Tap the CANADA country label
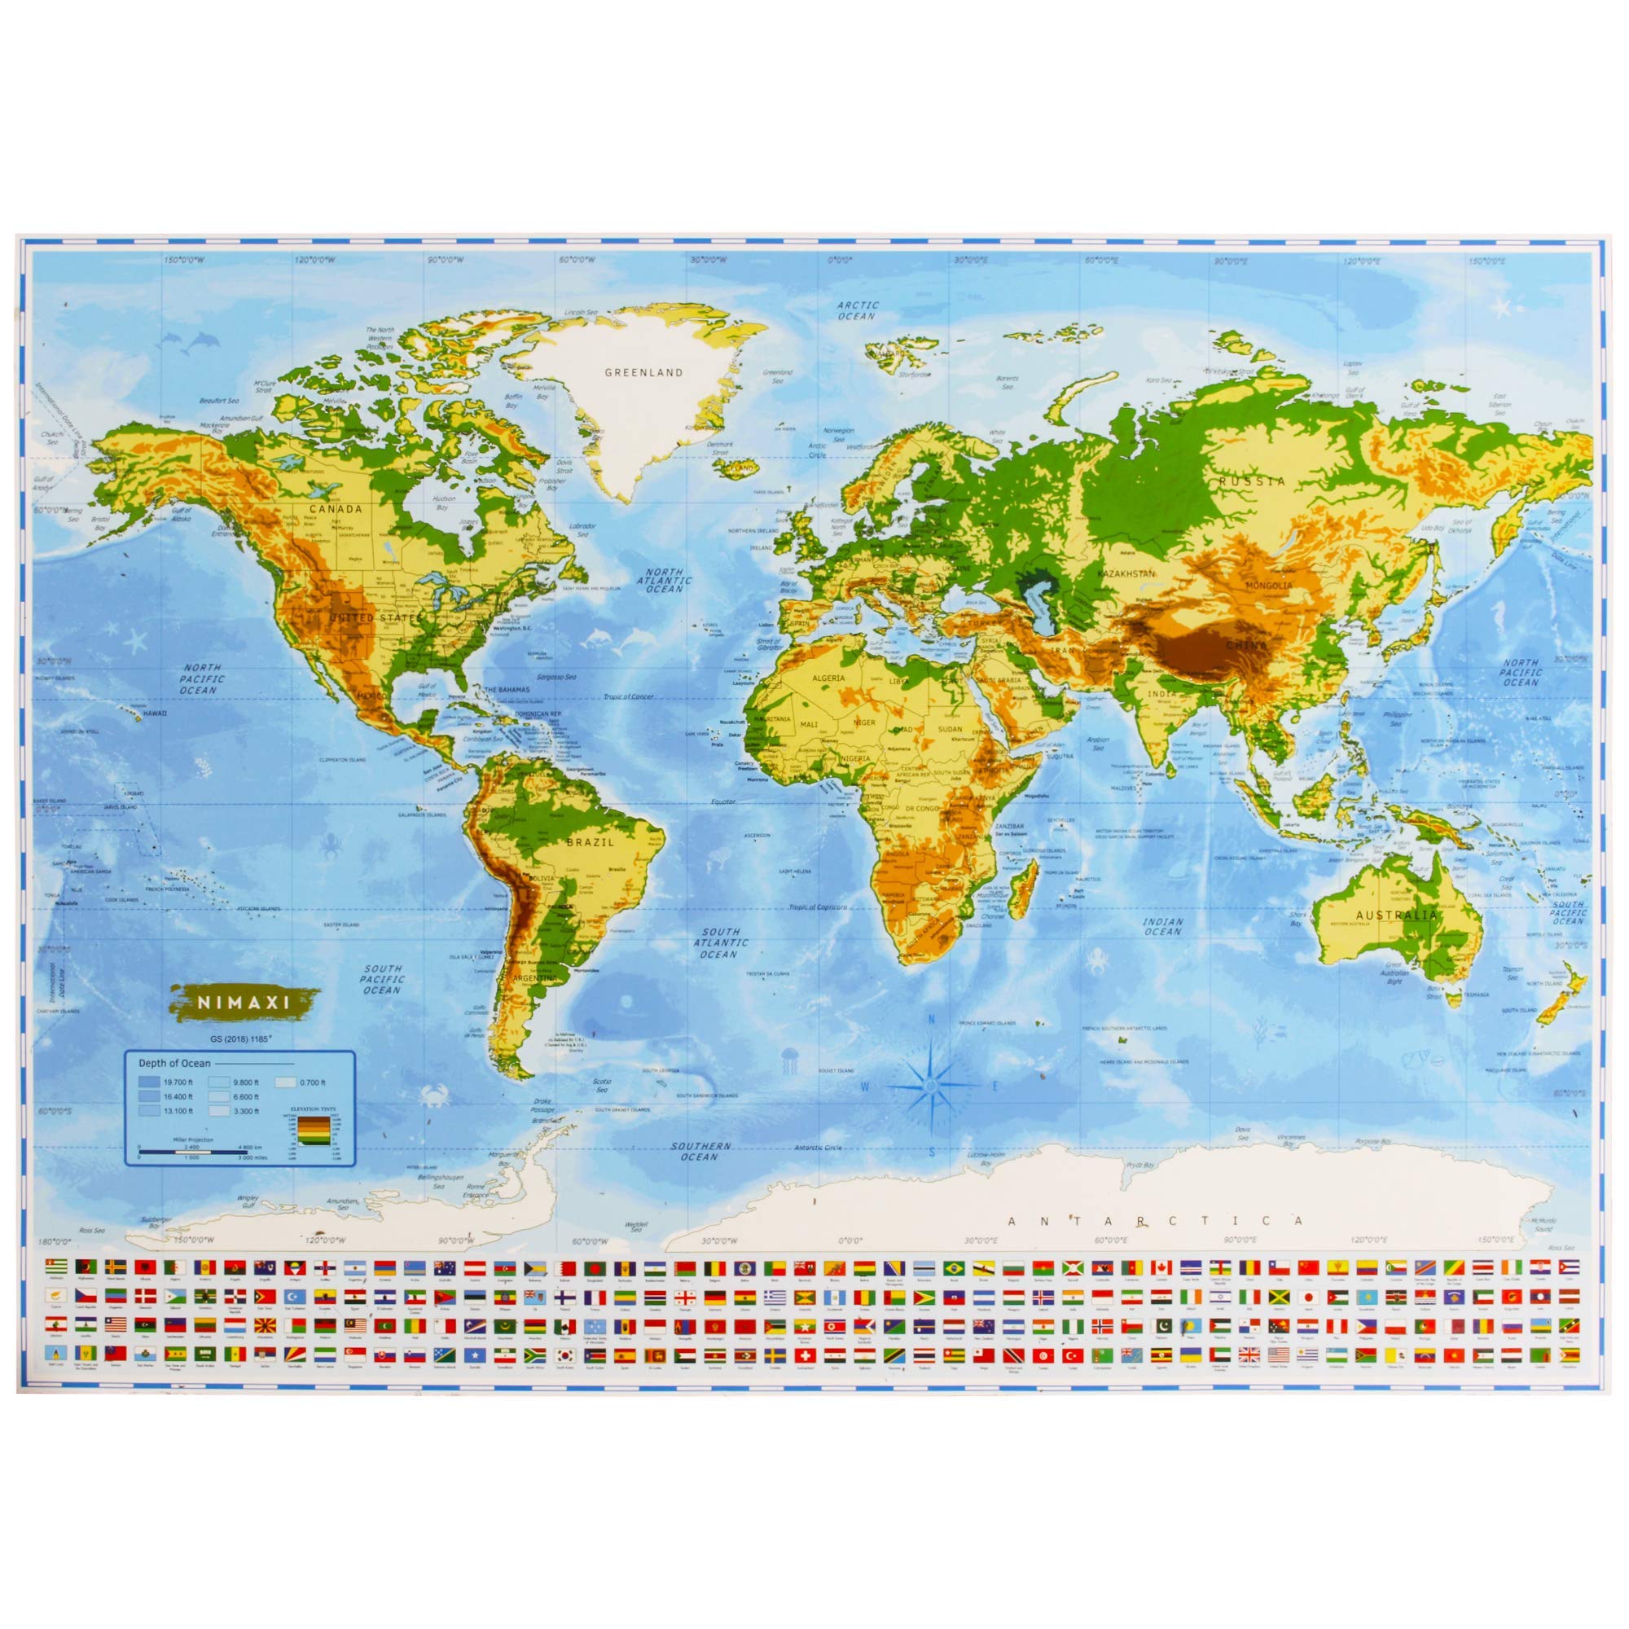(336, 508)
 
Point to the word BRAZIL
(591, 841)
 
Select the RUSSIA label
(1251, 481)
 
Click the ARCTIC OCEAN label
(858, 310)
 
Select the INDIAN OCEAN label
(1163, 927)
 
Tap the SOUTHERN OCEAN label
(700, 1151)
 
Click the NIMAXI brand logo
(239, 1003)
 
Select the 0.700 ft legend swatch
(288, 1082)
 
